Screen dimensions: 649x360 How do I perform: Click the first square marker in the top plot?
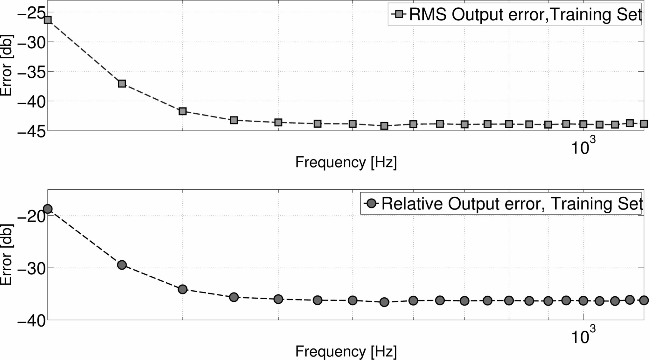point(48,20)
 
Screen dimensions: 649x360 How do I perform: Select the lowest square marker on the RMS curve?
point(384,126)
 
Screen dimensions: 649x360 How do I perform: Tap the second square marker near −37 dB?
point(122,84)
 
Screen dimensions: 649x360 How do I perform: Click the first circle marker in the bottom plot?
point(48,209)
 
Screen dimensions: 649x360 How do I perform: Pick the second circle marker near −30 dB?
point(122,265)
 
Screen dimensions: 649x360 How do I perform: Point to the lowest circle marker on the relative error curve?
point(384,302)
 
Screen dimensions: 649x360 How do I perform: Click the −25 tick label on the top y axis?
point(31,13)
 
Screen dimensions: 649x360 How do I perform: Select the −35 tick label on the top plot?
point(31,72)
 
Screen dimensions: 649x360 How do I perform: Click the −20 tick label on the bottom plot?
point(31,217)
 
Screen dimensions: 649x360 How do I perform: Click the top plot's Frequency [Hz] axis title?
point(346,162)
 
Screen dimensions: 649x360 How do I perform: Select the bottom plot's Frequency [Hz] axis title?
point(346,352)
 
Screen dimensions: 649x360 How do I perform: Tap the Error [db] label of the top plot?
point(6,65)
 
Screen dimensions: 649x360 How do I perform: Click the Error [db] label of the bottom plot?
point(6,255)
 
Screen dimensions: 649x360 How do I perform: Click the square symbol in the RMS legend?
point(399,14)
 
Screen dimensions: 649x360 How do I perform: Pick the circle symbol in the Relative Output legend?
point(372,203)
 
